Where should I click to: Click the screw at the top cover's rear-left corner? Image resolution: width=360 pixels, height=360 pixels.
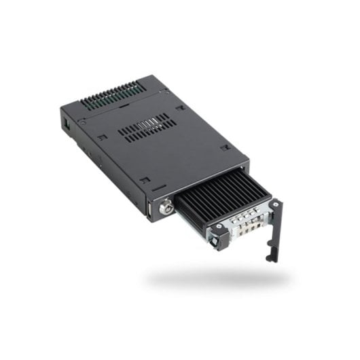pos(83,123)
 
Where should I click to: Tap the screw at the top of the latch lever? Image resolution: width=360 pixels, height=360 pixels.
pos(276,204)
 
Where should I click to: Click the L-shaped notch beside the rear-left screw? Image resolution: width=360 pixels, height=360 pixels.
pos(101,137)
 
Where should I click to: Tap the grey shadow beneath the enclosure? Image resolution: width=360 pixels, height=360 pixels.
pos(217,277)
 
